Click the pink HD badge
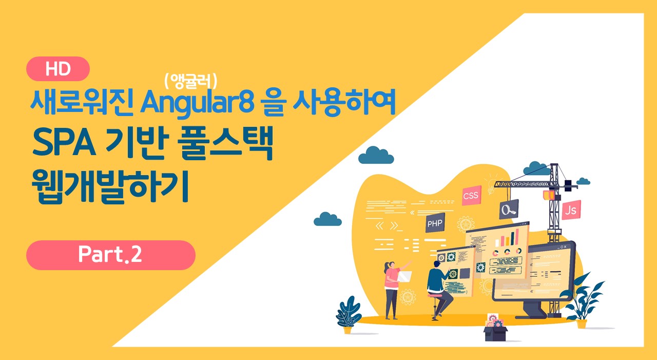point(58,69)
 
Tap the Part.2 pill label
point(110,255)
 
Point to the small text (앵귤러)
point(191,81)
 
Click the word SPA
point(64,143)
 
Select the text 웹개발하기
point(110,187)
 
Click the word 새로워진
point(82,102)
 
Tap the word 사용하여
point(344,102)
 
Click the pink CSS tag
point(471,195)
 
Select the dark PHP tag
point(435,223)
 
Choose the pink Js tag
point(571,210)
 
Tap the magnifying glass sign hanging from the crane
point(509,209)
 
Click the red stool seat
point(434,296)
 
